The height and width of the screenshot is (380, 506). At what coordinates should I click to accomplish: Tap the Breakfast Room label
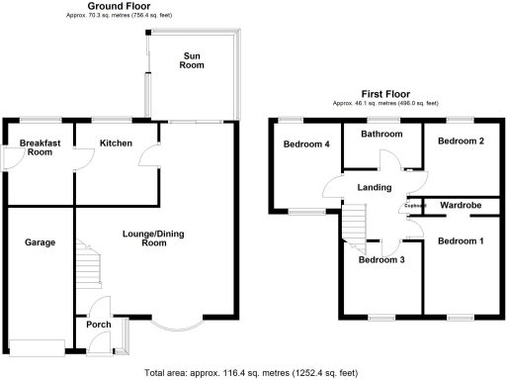(x=41, y=147)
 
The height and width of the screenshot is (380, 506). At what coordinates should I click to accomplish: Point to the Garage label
(x=40, y=242)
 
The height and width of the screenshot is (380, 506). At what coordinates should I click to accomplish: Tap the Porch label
(x=99, y=324)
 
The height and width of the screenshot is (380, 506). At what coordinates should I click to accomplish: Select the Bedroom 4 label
(x=306, y=144)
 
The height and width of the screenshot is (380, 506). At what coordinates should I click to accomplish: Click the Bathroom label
(x=381, y=134)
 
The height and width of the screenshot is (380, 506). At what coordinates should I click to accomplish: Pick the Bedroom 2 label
(x=461, y=142)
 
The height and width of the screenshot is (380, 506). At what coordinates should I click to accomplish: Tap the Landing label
(x=375, y=188)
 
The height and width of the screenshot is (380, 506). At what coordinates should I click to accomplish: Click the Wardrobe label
(x=460, y=205)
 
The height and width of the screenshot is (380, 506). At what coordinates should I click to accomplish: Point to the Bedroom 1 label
(x=461, y=241)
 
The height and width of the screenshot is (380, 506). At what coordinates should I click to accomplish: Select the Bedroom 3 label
(x=381, y=260)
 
